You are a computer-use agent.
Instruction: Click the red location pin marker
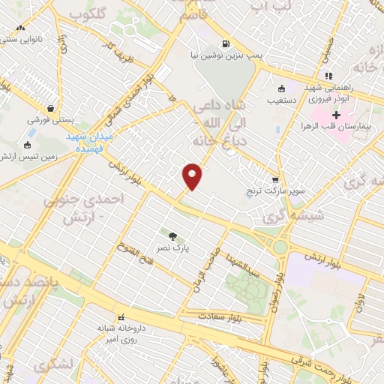pyautogui.click(x=193, y=175)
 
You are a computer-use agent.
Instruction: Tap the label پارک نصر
pyautogui.click(x=173, y=245)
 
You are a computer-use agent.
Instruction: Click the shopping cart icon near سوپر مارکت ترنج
pyautogui.click(x=275, y=180)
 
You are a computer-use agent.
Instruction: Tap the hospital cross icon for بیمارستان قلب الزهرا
pyautogui.click(x=336, y=115)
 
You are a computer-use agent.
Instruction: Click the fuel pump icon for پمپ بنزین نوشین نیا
pyautogui.click(x=224, y=43)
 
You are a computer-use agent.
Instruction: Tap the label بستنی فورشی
pyautogui.click(x=49, y=120)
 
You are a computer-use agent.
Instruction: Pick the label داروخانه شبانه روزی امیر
pyautogui.click(x=119, y=333)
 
